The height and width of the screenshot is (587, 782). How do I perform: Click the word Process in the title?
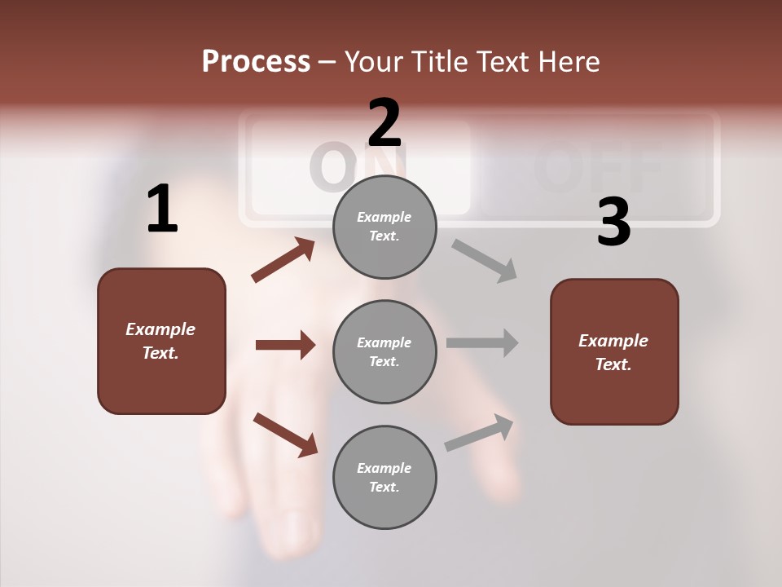click(256, 62)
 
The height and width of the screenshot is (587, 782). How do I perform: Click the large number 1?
click(162, 210)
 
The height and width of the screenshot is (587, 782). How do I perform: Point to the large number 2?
click(384, 122)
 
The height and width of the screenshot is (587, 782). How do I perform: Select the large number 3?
click(613, 222)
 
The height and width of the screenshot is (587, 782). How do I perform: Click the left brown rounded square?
click(161, 341)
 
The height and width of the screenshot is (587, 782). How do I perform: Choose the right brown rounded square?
click(614, 351)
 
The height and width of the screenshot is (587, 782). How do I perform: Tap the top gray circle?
click(384, 227)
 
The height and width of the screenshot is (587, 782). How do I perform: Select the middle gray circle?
click(384, 351)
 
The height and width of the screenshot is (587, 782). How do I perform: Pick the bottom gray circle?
click(384, 477)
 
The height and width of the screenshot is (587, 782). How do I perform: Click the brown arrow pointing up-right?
click(283, 260)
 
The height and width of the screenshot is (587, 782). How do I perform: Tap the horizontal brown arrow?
click(285, 345)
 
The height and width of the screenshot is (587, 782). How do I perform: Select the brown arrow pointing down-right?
click(285, 435)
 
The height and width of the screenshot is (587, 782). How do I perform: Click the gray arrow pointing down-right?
click(485, 261)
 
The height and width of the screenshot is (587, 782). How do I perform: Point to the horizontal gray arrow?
click(482, 343)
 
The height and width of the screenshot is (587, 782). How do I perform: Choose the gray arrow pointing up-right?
click(479, 433)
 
